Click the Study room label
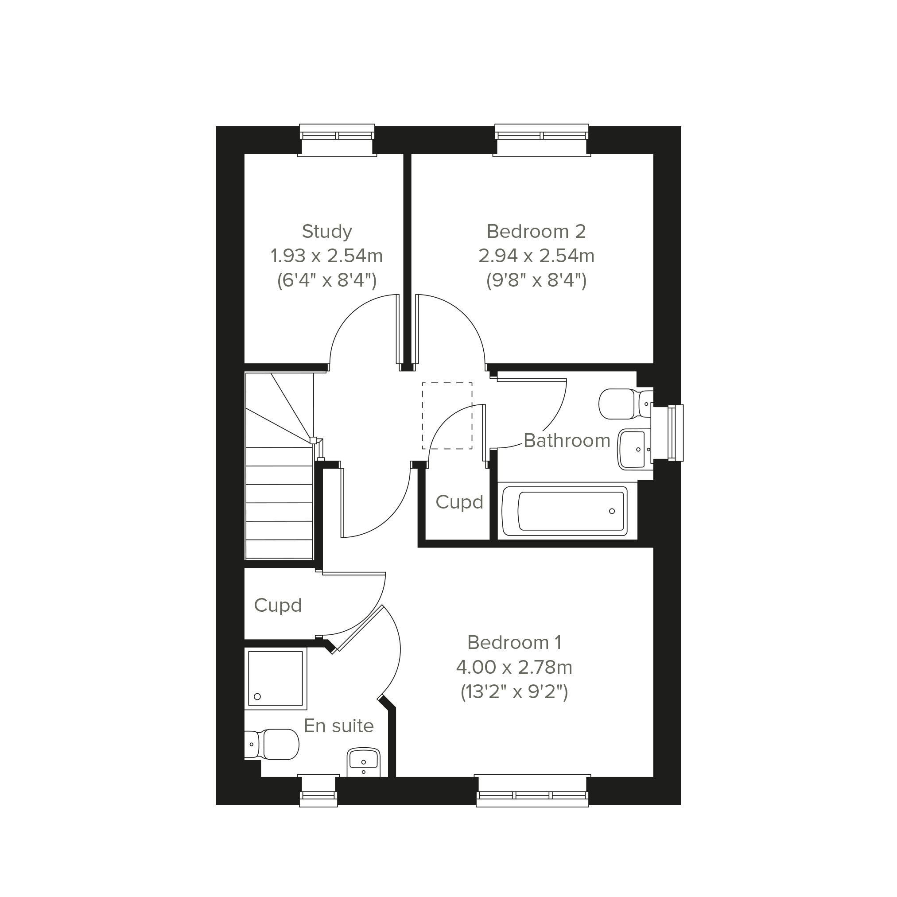click(x=327, y=231)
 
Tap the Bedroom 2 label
click(x=536, y=231)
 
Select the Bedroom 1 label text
click(x=514, y=643)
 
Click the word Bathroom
click(x=567, y=440)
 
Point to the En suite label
click(x=338, y=726)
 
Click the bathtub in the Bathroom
click(x=565, y=511)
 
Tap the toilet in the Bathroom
click(x=626, y=404)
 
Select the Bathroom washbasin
click(x=635, y=449)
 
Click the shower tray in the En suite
click(x=276, y=679)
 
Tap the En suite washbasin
click(x=364, y=764)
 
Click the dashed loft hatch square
click(x=447, y=415)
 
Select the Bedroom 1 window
click(x=532, y=791)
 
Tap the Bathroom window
click(x=668, y=433)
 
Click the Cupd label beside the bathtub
click(x=459, y=502)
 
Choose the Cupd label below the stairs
click(x=278, y=606)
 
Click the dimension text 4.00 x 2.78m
click(x=514, y=667)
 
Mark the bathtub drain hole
click(x=612, y=511)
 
